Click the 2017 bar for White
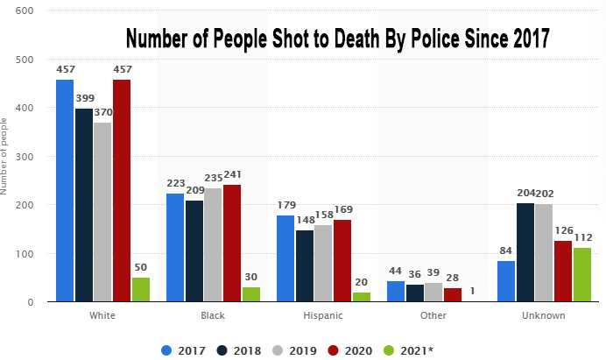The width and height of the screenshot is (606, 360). click(x=65, y=191)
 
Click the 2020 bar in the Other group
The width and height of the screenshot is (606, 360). click(x=452, y=295)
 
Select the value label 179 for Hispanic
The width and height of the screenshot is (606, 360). click(x=286, y=205)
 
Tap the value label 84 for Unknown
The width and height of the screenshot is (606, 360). click(x=506, y=251)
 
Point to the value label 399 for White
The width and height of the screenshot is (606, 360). click(x=85, y=98)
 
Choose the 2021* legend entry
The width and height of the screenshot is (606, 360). click(x=411, y=350)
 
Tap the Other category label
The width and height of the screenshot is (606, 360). click(x=433, y=315)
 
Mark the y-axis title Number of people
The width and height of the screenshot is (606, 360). click(x=6, y=157)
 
